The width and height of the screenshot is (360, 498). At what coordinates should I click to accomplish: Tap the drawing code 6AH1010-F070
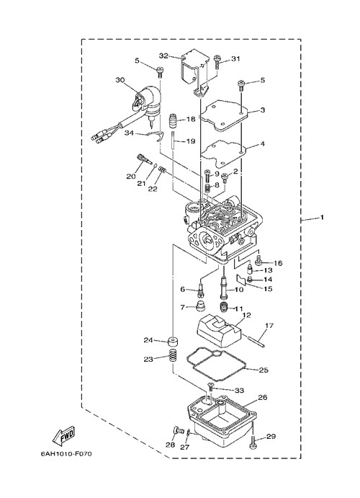[x=66, y=454]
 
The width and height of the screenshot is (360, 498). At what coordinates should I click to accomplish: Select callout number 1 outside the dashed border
[x=322, y=218]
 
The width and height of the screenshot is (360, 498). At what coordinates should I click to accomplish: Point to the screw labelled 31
[x=217, y=62]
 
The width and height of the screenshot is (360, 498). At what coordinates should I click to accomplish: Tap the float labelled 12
[x=219, y=331]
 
